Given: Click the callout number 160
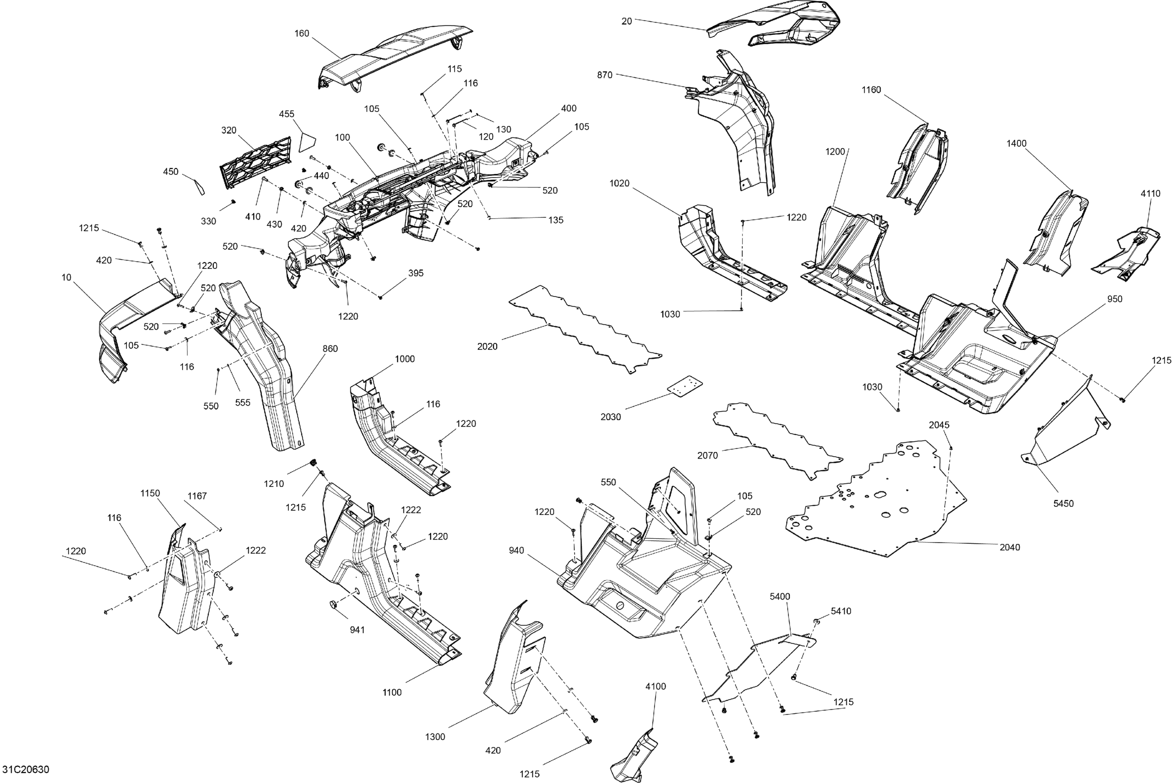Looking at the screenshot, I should click(302, 34).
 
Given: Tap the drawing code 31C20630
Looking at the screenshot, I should click(25, 769).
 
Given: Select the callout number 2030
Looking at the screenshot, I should click(611, 417).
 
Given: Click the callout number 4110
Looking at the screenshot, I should click(1151, 194).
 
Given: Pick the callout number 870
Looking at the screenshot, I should click(604, 75).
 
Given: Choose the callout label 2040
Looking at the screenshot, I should click(1009, 547).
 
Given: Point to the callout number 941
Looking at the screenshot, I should click(357, 630).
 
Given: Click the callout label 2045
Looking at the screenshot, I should click(939, 425).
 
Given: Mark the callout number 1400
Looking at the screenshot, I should click(1017, 143).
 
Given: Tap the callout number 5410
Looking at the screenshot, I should click(841, 611).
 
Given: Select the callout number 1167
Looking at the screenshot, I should click(197, 496).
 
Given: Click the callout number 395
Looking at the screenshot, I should click(416, 273).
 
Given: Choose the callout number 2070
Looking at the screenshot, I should click(707, 455).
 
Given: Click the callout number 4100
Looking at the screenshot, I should click(656, 687).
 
